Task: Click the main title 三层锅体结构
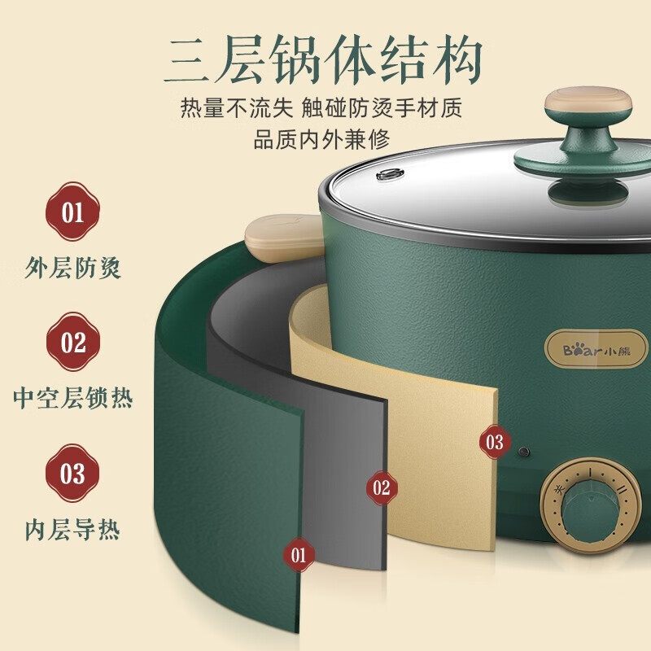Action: pos(324,58)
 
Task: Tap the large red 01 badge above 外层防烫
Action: pos(72,212)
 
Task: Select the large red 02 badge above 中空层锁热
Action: pos(73,342)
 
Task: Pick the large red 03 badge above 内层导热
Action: pos(72,473)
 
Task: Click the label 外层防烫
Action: pos(72,268)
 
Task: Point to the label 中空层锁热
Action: pos(72,398)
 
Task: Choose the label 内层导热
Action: pos(72,529)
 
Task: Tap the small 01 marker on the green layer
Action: pos(299,555)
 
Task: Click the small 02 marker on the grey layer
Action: pos(382,487)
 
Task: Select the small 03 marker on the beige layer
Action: pos(495,442)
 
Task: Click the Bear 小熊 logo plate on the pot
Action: pos(596,350)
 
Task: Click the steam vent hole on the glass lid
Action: pos(390,174)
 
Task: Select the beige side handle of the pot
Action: pos(284,238)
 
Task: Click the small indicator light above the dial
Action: pos(524,452)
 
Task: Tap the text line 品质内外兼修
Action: pos(321,139)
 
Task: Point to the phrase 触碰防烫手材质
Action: pos(382,108)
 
